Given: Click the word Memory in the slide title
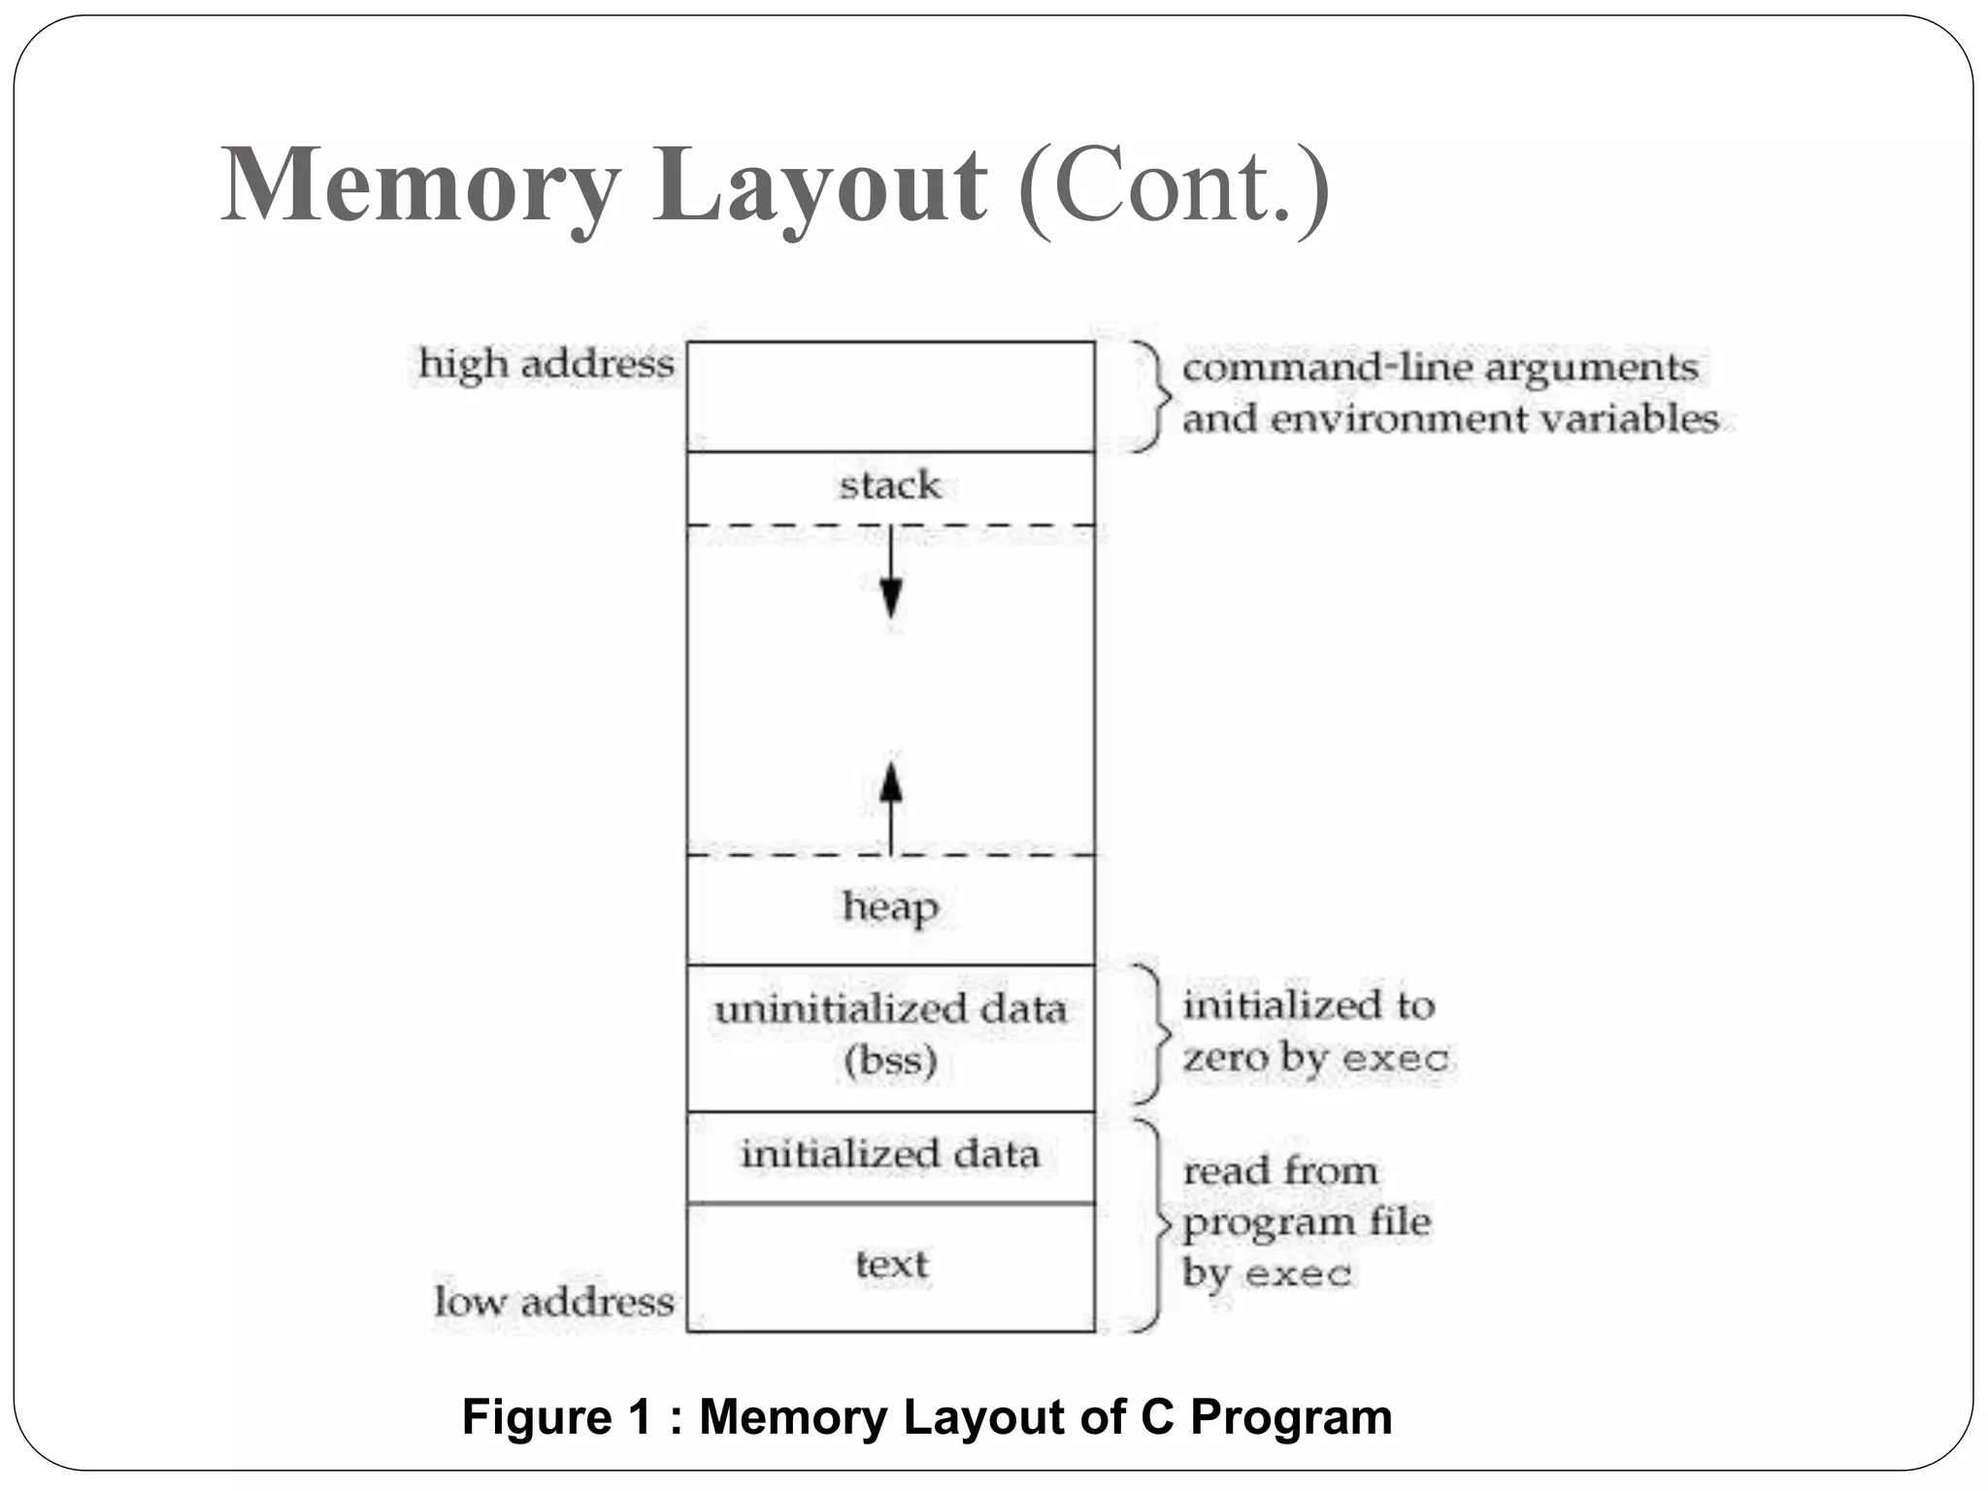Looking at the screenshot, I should [419, 184].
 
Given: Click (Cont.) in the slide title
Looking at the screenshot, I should [1174, 186].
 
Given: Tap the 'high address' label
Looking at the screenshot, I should [546, 364].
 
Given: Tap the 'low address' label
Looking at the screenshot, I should [553, 1302].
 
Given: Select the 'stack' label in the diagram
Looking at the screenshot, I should [890, 484].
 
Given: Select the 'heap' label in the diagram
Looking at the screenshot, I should [890, 907].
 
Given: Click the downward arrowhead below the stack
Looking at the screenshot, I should [890, 597].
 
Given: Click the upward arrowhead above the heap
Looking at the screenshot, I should [890, 782].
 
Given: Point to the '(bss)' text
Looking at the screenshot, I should [890, 1060].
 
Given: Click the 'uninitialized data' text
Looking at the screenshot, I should [890, 1010].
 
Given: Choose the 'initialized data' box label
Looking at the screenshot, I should [890, 1154].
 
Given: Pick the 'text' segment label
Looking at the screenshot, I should [891, 1264].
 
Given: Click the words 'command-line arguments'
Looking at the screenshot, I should [1440, 368].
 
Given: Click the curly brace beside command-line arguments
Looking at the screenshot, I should [1152, 395].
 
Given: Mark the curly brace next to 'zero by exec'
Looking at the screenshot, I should [1151, 1034].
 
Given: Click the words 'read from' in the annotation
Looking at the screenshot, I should [1279, 1171].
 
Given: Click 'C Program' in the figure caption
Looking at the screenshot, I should [1266, 1416].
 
